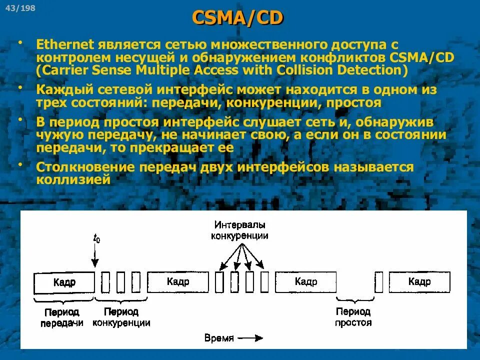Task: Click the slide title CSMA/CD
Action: (x=237, y=18)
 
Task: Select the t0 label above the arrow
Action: (x=96, y=238)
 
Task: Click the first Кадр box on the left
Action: (x=64, y=282)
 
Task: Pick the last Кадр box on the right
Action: (x=419, y=281)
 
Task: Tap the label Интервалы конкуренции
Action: (x=239, y=230)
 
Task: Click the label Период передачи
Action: (x=61, y=317)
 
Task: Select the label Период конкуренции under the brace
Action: (x=121, y=317)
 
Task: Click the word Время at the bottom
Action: (x=219, y=338)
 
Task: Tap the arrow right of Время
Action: (x=250, y=338)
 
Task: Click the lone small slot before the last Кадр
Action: (x=379, y=282)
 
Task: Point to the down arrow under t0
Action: (x=96, y=257)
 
